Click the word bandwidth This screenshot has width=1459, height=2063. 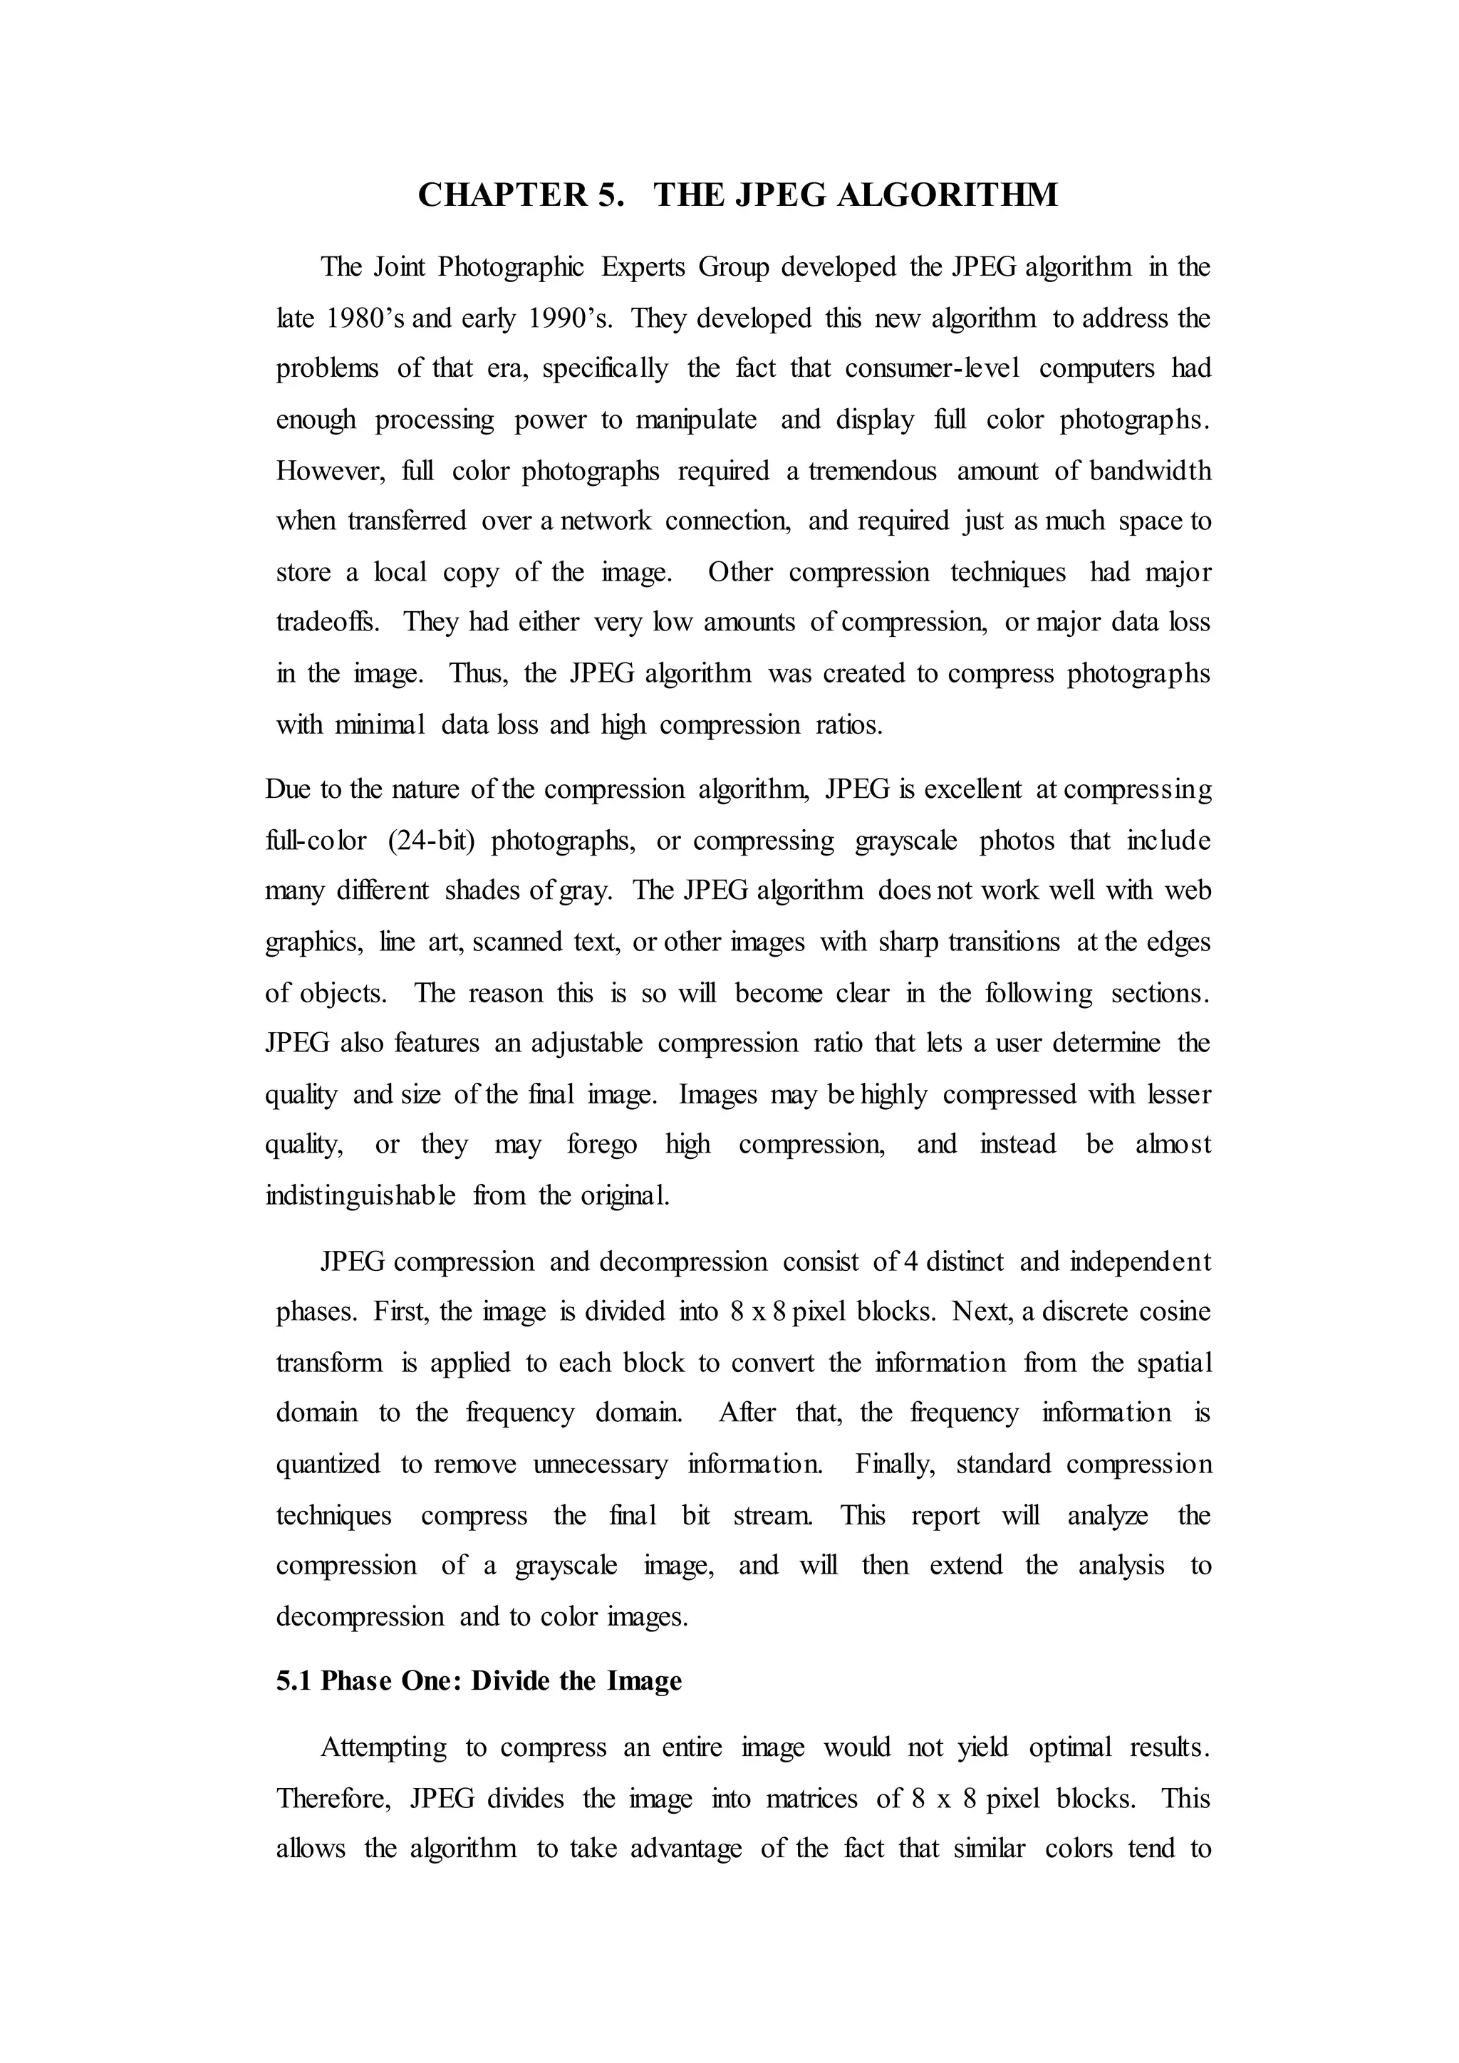[1150, 471]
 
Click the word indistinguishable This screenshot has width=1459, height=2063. [360, 1196]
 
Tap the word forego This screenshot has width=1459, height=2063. [602, 1145]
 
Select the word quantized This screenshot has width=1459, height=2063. [328, 1465]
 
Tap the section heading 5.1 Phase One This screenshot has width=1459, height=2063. [479, 1681]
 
